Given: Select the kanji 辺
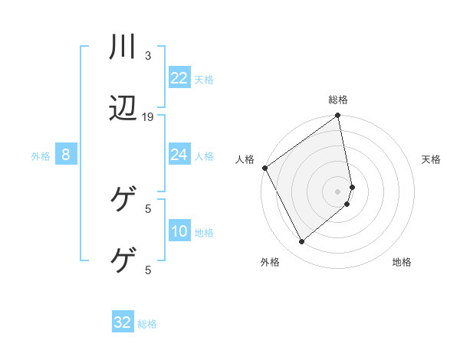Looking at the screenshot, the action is [x=123, y=109].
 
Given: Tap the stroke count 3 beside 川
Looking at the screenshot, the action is [x=148, y=56].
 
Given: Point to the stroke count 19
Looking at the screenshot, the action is [x=148, y=117].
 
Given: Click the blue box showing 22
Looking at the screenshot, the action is [x=179, y=78].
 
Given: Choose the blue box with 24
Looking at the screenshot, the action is [x=179, y=155].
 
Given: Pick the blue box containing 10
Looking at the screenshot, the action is [x=179, y=232].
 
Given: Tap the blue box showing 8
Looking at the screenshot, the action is [x=66, y=155].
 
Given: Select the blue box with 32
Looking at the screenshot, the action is [x=123, y=322].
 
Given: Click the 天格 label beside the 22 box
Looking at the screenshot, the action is [x=204, y=79].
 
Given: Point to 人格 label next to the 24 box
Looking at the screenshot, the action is [x=204, y=156].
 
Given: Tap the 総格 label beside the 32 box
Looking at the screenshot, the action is [x=147, y=323].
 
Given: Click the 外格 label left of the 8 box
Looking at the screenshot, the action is [x=41, y=156].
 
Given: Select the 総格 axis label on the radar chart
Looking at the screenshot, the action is [x=338, y=100].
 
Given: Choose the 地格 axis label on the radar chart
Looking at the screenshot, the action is [x=402, y=262].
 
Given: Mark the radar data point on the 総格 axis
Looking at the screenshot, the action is [x=338, y=117].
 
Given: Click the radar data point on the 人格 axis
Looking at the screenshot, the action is [x=264, y=168].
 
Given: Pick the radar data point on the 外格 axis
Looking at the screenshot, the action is [x=301, y=242].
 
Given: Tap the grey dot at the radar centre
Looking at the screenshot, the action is [x=338, y=191].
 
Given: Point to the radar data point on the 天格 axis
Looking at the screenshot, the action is [x=352, y=186].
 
